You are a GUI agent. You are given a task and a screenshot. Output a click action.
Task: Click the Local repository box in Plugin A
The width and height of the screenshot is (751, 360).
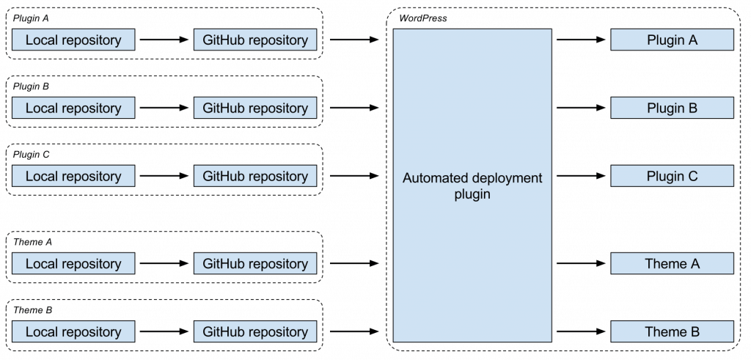[x=73, y=40]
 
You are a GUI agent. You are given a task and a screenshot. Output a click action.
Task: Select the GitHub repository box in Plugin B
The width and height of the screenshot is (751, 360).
[x=255, y=109]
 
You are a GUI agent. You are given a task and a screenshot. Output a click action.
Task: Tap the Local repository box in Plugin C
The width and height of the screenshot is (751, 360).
[x=73, y=176]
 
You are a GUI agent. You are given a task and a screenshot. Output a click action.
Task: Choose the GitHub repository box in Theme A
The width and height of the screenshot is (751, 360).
[x=255, y=264]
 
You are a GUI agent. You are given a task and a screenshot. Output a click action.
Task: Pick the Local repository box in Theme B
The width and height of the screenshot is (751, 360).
[x=73, y=332]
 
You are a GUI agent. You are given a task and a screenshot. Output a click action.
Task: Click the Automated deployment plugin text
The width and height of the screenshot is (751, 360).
[x=472, y=186]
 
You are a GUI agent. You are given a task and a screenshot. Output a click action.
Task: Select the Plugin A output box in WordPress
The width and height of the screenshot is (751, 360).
[x=672, y=40]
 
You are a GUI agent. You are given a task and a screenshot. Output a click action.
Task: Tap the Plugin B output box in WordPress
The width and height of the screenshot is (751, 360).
[x=672, y=109]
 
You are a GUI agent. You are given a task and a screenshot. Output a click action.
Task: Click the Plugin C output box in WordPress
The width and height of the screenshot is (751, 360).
[x=672, y=176]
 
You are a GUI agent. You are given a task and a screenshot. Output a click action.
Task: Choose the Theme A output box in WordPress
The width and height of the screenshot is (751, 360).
[x=672, y=264]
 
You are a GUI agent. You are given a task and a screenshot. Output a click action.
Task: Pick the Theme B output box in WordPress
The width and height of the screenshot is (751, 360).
[x=672, y=332]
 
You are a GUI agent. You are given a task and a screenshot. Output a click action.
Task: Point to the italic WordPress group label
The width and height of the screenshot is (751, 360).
[x=422, y=18]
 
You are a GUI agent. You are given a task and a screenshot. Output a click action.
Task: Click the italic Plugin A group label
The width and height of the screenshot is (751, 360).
[x=31, y=18]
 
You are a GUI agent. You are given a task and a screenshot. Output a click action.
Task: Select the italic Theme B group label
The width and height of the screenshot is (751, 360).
[x=33, y=310]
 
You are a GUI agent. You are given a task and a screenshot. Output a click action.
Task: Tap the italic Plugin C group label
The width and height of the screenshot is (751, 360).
[x=32, y=155]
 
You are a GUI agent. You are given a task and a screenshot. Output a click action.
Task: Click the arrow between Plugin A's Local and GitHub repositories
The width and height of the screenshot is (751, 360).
[x=164, y=40]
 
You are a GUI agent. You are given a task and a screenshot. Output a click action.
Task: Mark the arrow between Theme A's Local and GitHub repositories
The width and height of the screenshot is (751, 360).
[x=164, y=264]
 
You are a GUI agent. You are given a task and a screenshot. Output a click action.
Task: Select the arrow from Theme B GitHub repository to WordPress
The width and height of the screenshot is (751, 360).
[x=354, y=332]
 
